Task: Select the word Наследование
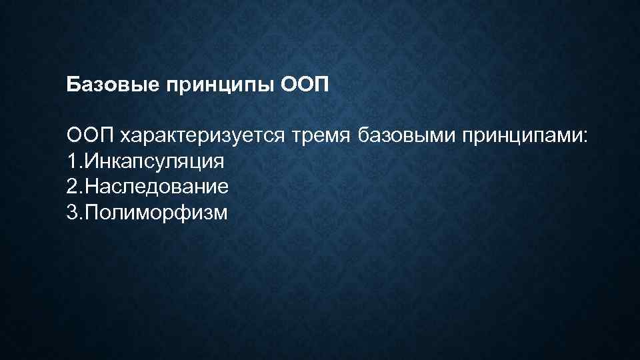point(155,187)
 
